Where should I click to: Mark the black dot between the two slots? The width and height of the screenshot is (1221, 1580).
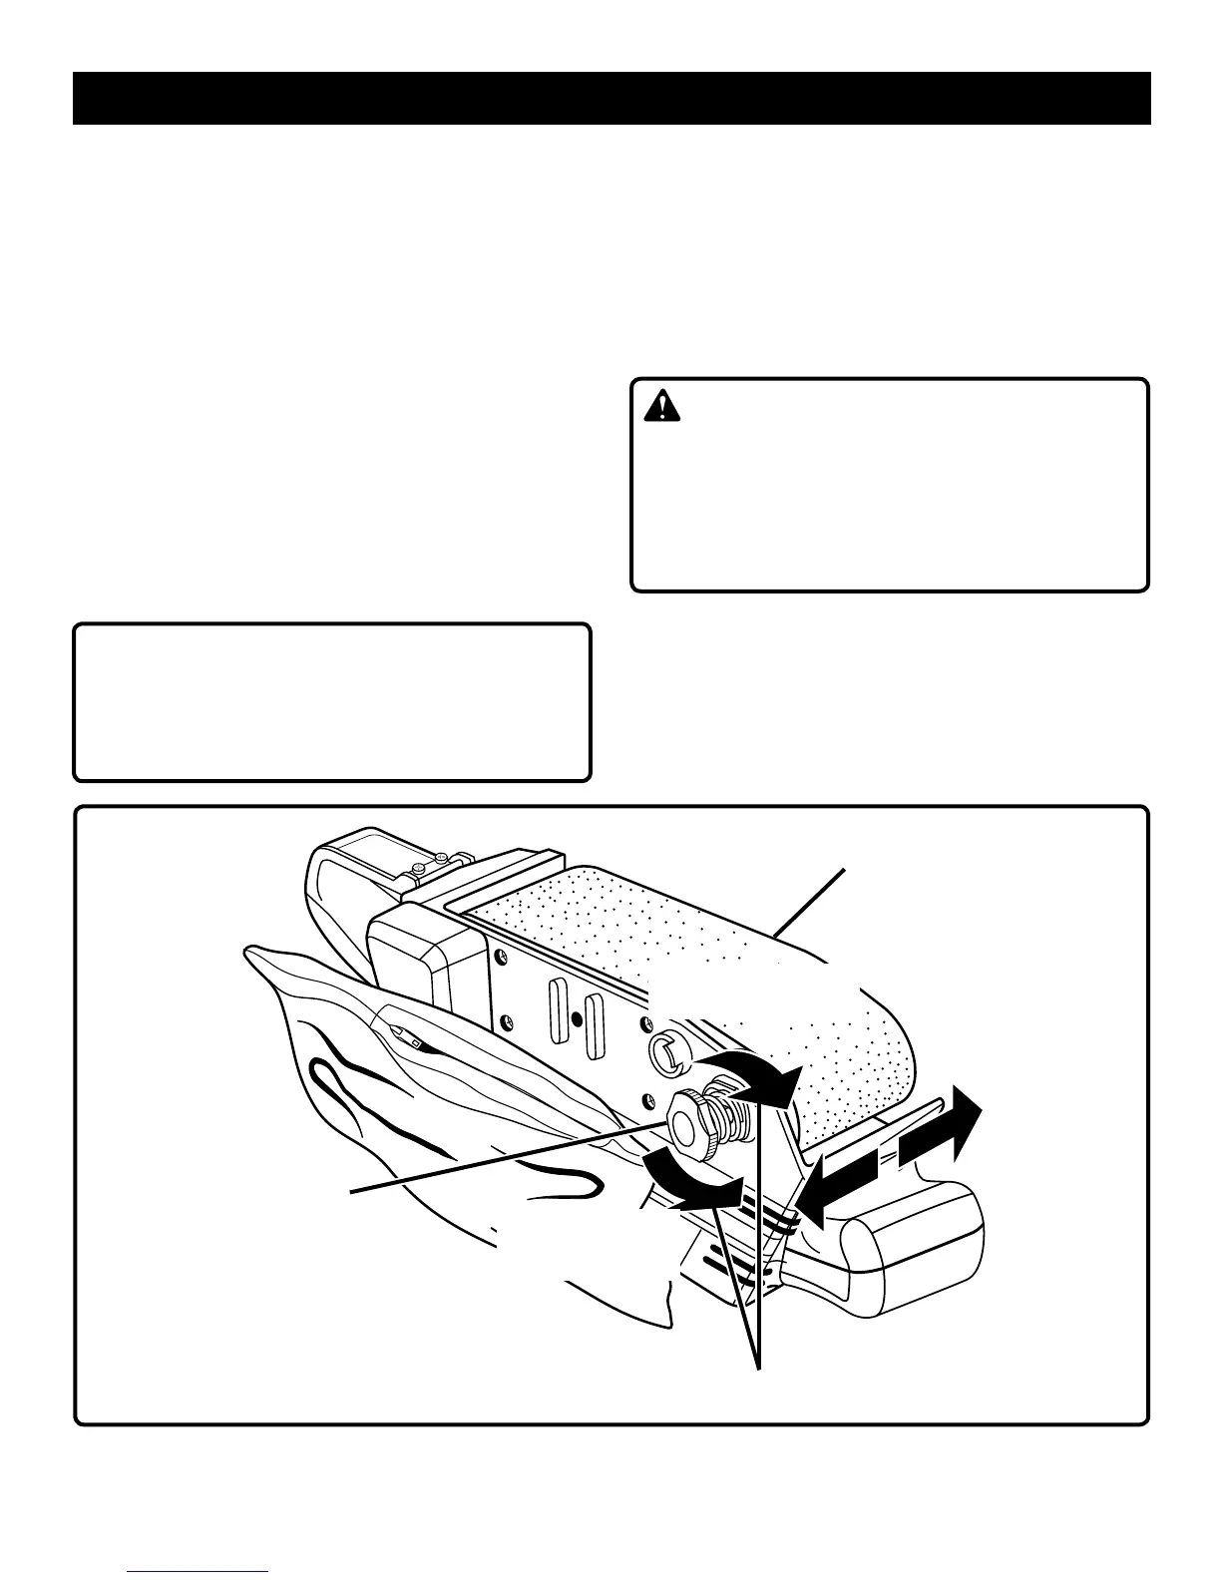[x=577, y=1019]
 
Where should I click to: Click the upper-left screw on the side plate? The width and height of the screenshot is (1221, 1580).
[x=498, y=958]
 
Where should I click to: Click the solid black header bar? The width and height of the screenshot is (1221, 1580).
[x=611, y=98]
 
